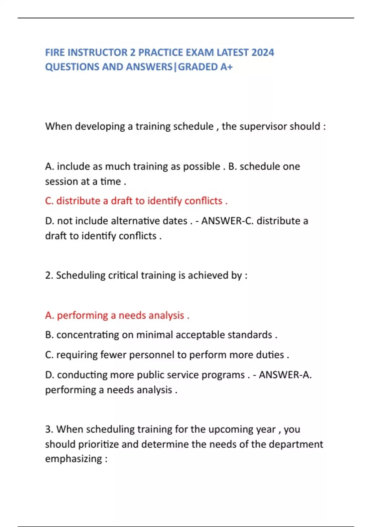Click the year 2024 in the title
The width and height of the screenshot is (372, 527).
tap(263, 52)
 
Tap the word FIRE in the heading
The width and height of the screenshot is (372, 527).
tap(55, 52)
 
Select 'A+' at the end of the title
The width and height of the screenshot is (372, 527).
tap(226, 67)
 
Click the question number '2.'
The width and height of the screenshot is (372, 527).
tap(49, 275)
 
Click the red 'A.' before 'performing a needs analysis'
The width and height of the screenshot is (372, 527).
tap(50, 315)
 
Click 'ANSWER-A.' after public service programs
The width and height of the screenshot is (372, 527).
tap(285, 375)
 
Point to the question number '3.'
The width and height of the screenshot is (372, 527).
tap(49, 429)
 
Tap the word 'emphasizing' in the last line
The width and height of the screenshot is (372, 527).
tap(73, 459)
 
